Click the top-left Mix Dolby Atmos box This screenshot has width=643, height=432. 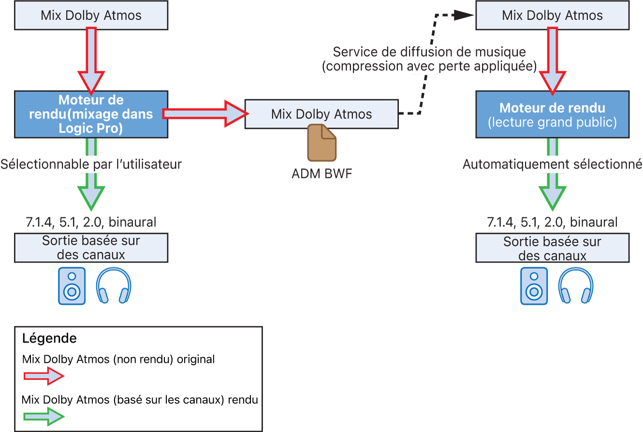(91, 15)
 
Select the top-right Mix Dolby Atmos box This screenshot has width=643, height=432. (552, 15)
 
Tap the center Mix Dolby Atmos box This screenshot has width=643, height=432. (321, 114)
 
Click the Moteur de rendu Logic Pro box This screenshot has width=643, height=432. (91, 114)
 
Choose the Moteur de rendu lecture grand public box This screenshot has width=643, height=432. (552, 114)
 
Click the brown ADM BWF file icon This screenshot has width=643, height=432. (321, 143)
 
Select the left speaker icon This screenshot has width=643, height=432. (72, 286)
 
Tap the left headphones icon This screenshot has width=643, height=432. (114, 286)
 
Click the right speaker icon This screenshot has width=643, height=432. (534, 286)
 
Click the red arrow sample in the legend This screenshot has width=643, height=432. (43, 376)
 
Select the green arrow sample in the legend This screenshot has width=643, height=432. (43, 416)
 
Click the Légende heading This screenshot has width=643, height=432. (49, 338)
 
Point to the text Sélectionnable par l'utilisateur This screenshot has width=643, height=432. (91, 164)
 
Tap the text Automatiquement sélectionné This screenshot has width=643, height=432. (552, 164)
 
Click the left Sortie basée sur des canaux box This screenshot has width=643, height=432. (91, 248)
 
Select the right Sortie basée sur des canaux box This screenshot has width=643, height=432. (552, 248)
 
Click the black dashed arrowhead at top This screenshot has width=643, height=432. (464, 15)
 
